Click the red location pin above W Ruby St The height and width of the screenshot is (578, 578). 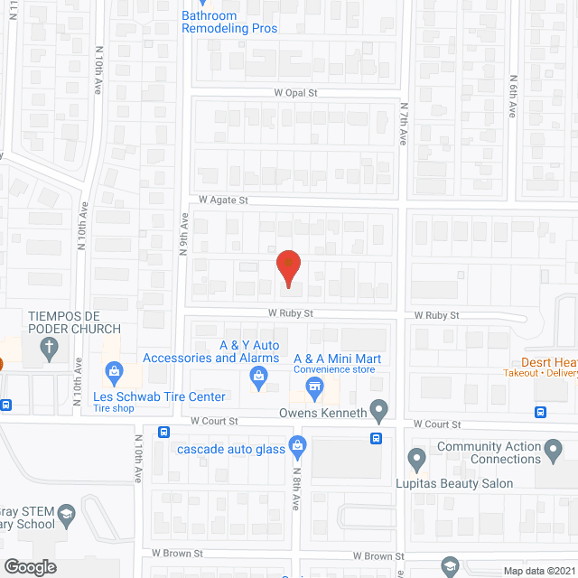pyautogui.click(x=287, y=268)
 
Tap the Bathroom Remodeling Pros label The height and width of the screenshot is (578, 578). pyautogui.click(x=229, y=22)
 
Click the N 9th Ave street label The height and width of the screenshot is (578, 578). pyautogui.click(x=182, y=234)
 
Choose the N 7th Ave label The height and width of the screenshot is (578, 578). pyautogui.click(x=404, y=123)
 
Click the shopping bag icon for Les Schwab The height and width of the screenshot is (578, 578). pyautogui.click(x=114, y=369)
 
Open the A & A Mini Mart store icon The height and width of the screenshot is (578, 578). pyautogui.click(x=314, y=389)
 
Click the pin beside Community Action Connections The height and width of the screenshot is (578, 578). pyautogui.click(x=416, y=458)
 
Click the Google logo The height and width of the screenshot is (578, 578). pyautogui.click(x=29, y=566)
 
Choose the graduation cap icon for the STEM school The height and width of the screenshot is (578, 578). pyautogui.click(x=66, y=517)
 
